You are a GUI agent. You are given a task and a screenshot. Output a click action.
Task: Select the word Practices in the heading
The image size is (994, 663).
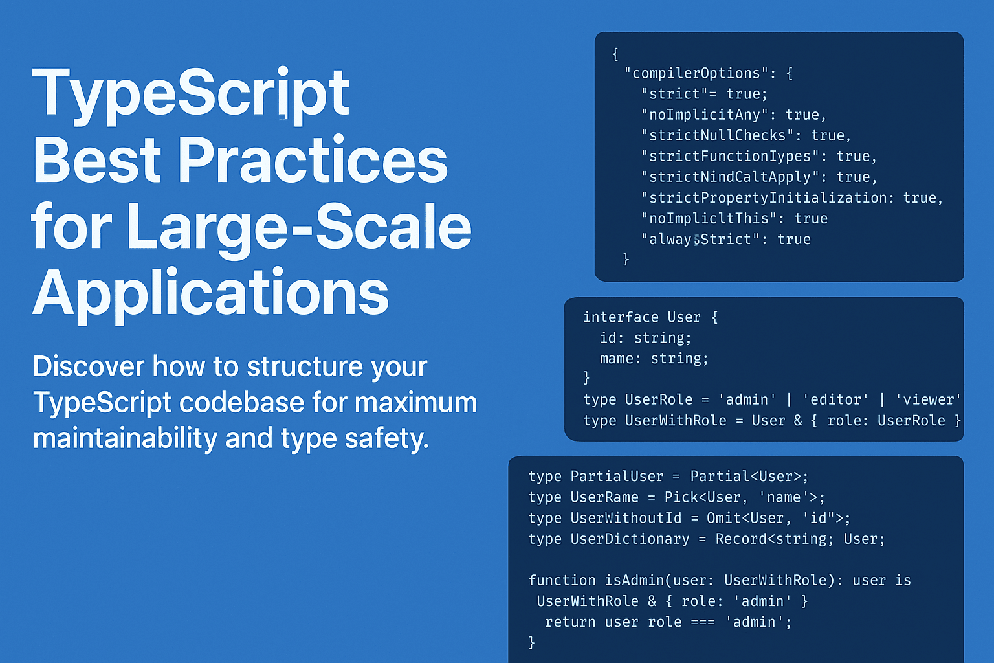[x=313, y=161]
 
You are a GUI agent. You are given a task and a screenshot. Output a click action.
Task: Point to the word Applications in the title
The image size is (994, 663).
[x=211, y=293]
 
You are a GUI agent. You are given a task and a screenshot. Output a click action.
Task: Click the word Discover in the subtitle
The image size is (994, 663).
[x=89, y=366]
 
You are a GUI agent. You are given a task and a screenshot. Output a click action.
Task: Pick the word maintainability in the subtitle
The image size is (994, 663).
[x=125, y=438]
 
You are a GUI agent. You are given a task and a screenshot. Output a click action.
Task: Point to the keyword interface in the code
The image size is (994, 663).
[x=621, y=317]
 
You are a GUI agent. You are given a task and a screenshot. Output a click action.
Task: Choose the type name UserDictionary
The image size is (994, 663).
[x=630, y=539]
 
